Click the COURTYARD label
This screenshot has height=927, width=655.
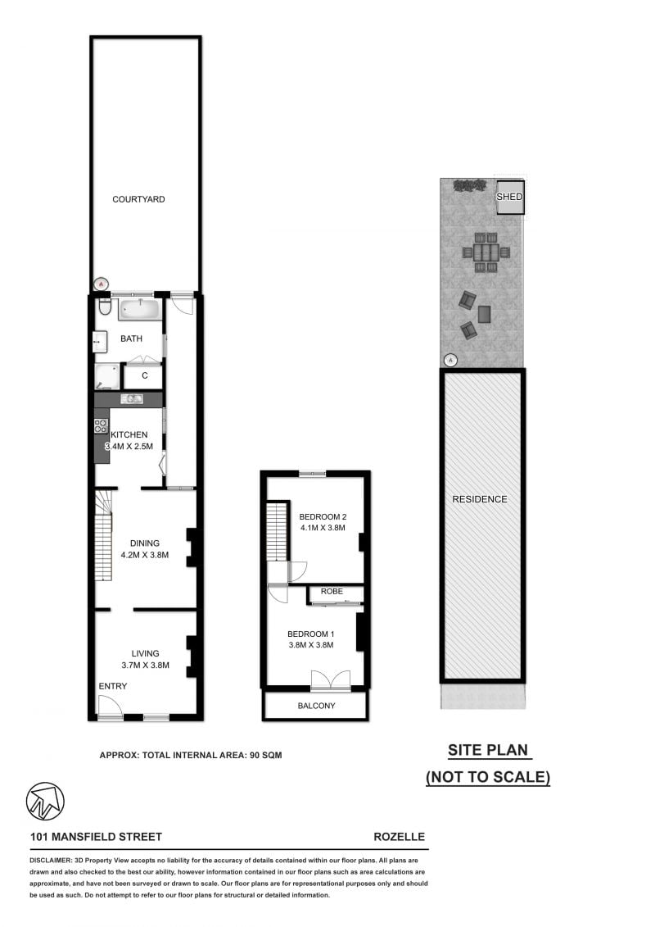(138, 199)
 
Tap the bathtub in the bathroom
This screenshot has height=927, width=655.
(140, 310)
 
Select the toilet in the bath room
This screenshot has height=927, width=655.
(103, 307)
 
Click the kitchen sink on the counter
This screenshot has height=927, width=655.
(132, 399)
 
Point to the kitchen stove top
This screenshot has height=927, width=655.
(102, 425)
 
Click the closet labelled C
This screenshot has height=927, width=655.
(144, 375)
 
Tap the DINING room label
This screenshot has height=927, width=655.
(144, 543)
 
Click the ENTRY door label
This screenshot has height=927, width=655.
(113, 686)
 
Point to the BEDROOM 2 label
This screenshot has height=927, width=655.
(323, 516)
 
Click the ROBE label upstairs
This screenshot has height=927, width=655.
(332, 591)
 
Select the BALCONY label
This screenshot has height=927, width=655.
(315, 706)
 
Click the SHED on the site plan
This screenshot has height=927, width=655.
(509, 198)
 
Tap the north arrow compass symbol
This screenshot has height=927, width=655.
(45, 801)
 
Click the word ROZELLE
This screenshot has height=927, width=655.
(399, 837)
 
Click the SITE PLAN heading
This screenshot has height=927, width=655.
(488, 749)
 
